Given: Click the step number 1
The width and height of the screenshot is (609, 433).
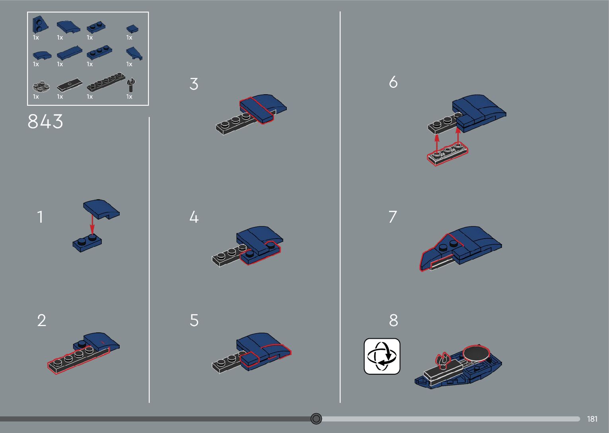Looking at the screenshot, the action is tap(40, 217).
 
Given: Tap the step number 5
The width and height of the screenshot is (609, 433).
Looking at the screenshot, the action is tap(194, 320).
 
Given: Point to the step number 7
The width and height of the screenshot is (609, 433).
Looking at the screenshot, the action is tap(393, 217).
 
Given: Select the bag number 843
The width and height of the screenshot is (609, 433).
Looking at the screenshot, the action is tap(45, 121).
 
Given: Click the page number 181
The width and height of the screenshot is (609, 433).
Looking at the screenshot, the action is tap(592, 419).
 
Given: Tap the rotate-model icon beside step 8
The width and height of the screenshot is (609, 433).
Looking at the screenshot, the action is tap(382, 356).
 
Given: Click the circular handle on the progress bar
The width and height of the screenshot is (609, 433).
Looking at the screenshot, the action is tap(316, 419).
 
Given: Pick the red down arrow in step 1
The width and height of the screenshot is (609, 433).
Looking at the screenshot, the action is tap(92, 225).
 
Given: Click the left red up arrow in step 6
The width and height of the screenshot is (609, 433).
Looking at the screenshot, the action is tap(437, 144).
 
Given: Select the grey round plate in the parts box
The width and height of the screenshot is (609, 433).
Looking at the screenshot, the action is tap(41, 86).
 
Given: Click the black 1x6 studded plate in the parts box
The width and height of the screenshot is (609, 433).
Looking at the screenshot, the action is tap(106, 82).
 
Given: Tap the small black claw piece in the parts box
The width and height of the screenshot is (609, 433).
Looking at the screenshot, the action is tap(131, 85).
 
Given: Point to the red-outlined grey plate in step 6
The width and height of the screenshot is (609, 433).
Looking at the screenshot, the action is tap(448, 155).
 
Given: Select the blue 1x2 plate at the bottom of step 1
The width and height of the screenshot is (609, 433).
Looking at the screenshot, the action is tap(87, 243).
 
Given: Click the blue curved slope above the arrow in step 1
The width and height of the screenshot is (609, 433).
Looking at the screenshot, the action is tap(101, 209).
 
